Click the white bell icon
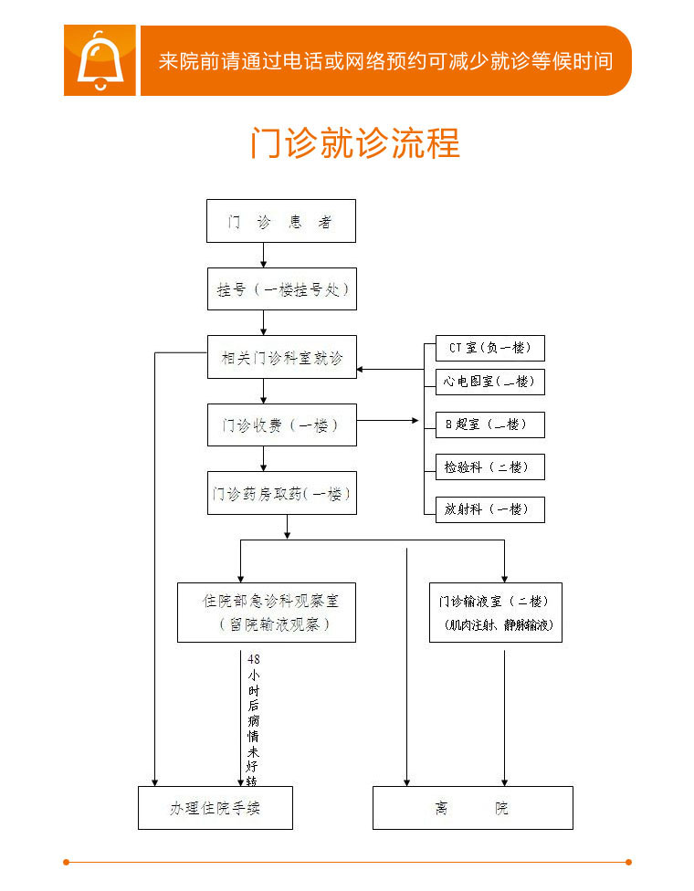pos(99,60)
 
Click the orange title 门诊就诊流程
pos(355,144)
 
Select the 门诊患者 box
pos(280,221)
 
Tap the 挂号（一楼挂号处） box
pos(281,289)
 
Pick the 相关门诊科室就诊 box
pos(281,357)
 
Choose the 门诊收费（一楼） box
pos(281,425)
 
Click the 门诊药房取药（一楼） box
pos(281,493)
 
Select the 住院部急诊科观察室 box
pos(266,613)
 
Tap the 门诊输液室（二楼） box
pos(495,613)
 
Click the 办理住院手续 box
pos(216,808)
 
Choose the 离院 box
pos(472,808)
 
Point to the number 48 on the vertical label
pos(254,659)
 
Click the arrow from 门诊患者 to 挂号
pos(264,255)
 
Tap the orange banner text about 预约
pos(384,61)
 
